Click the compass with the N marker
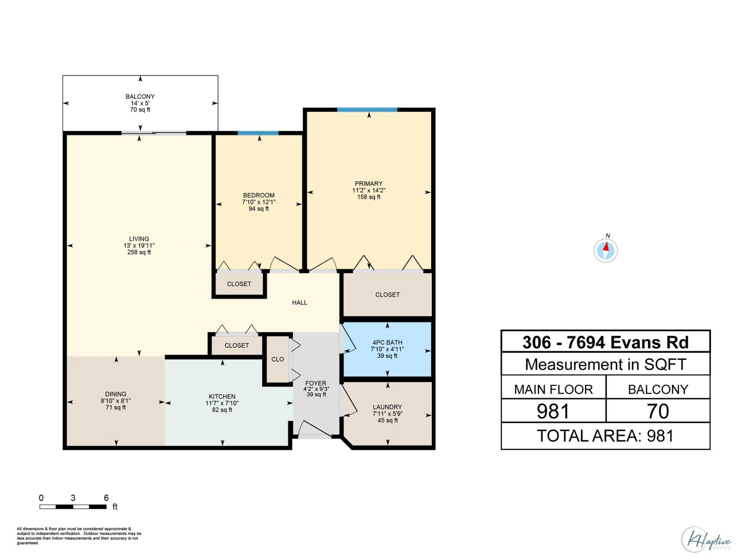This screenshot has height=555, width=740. (605, 251)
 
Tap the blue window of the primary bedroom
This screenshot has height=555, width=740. (367, 110)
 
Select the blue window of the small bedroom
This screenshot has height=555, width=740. (258, 133)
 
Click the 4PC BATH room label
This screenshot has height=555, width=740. (387, 343)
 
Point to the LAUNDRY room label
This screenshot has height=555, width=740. (387, 407)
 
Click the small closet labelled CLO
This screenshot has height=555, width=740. (277, 359)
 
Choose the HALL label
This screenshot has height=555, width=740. (300, 302)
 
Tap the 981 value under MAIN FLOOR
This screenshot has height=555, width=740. (553, 411)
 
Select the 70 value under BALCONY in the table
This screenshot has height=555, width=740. (658, 411)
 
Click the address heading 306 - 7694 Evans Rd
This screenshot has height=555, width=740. (605, 342)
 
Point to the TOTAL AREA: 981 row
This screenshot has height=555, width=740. (605, 436)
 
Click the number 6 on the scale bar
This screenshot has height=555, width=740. (106, 498)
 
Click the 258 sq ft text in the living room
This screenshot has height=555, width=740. (139, 253)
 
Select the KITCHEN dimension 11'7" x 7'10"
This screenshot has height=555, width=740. (222, 403)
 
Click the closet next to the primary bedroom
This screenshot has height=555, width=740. (387, 295)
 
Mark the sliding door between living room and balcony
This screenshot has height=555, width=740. (154, 133)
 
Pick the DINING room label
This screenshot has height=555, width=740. (116, 394)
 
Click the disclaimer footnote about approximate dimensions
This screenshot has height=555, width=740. (79, 536)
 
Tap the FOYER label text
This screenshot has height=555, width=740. (316, 383)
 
